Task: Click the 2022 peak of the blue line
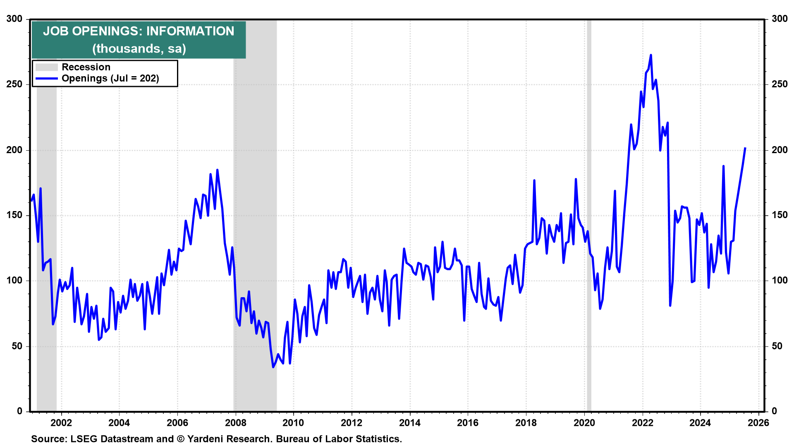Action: [651, 55]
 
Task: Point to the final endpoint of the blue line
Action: [745, 148]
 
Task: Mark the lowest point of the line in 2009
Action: [273, 367]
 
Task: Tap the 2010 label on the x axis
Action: [293, 423]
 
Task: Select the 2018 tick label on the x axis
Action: [526, 423]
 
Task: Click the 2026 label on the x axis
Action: [758, 423]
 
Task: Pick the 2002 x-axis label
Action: [61, 423]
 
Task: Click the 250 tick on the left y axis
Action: [14, 84]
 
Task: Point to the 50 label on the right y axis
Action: [777, 346]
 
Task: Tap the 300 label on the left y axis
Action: [14, 19]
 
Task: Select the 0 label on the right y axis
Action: [775, 411]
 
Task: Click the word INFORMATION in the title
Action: [190, 31]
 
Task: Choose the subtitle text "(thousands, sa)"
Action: [139, 49]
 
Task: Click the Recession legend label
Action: [86, 67]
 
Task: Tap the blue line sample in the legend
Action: [46, 79]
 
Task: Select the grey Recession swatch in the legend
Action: [46, 67]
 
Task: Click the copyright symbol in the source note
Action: [180, 439]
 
